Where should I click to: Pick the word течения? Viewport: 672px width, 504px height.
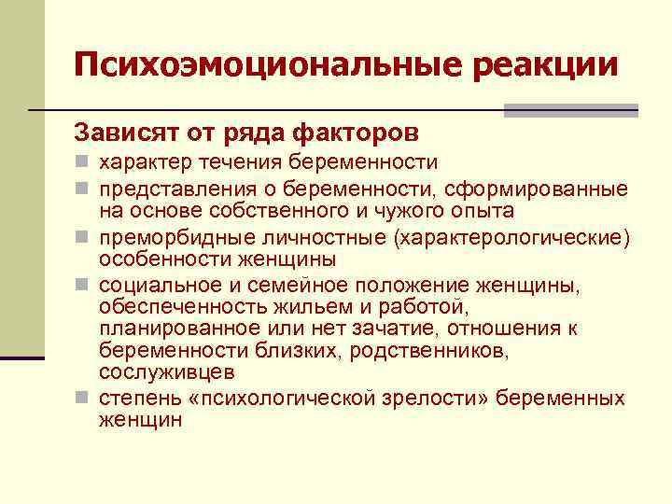click(238, 163)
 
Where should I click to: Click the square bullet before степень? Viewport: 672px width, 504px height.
click(83, 399)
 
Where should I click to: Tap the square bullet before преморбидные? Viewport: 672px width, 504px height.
click(83, 238)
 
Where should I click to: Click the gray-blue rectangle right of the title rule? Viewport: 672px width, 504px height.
click(570, 111)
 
